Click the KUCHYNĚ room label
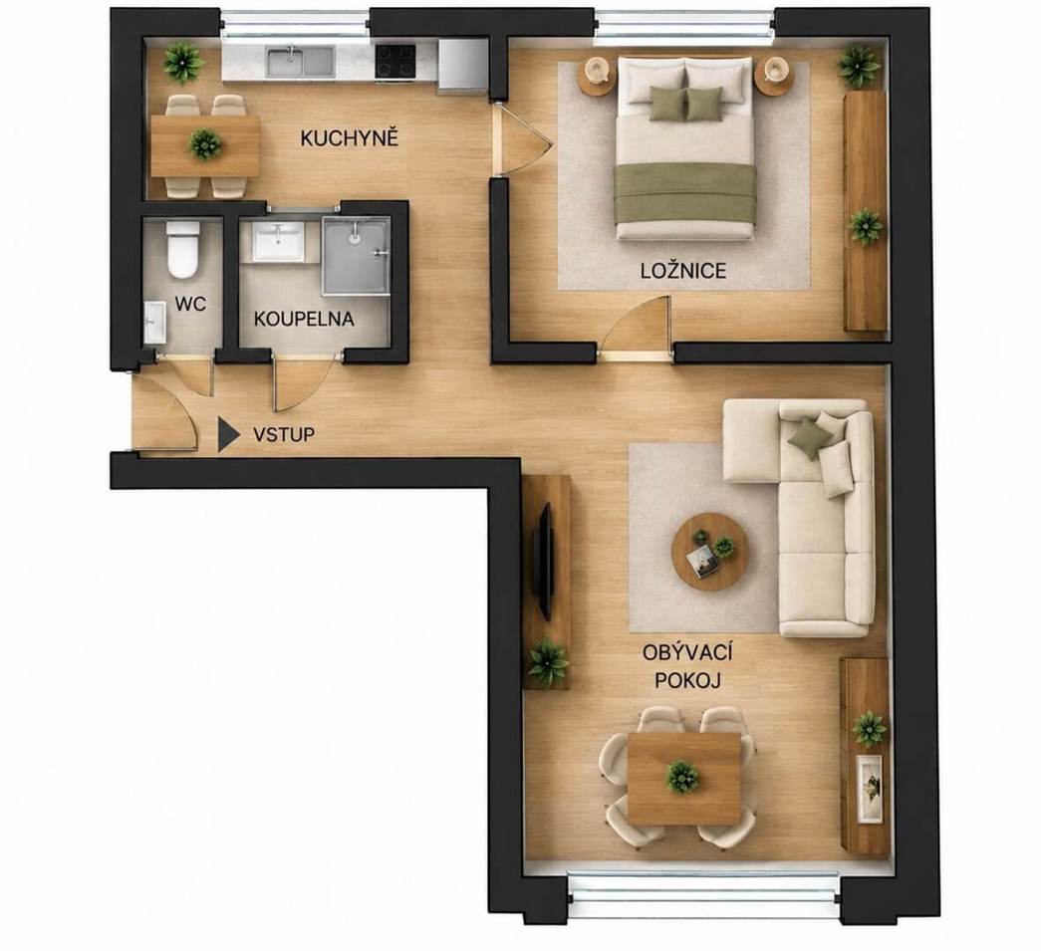point(349,138)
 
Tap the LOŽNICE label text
point(683,270)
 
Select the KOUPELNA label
point(304,319)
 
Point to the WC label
point(190,304)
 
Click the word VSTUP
point(284,435)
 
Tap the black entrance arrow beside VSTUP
point(228,435)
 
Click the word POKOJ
point(687,680)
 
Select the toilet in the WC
point(182,250)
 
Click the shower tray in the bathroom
point(356,255)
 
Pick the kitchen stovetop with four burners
point(395,61)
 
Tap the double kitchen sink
point(301,63)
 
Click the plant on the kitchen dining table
point(204,144)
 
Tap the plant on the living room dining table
point(682,777)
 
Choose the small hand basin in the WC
point(154,323)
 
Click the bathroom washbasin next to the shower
point(278,241)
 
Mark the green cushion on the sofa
point(808,437)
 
